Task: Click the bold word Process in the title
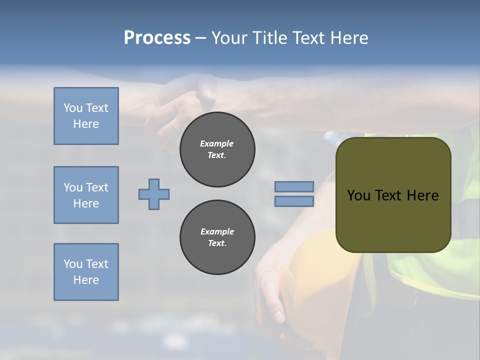point(157,38)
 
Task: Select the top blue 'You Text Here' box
point(86,116)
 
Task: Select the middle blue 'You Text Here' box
point(86,195)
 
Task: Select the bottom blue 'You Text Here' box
point(86,272)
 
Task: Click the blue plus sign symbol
point(154,194)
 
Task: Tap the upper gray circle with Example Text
point(217,149)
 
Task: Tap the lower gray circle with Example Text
point(217,237)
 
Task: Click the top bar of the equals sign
point(294,186)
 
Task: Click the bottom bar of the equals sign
point(294,201)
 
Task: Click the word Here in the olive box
point(422,195)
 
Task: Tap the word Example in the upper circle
point(217,143)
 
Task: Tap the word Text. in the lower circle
point(217,243)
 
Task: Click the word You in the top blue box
point(73,108)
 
